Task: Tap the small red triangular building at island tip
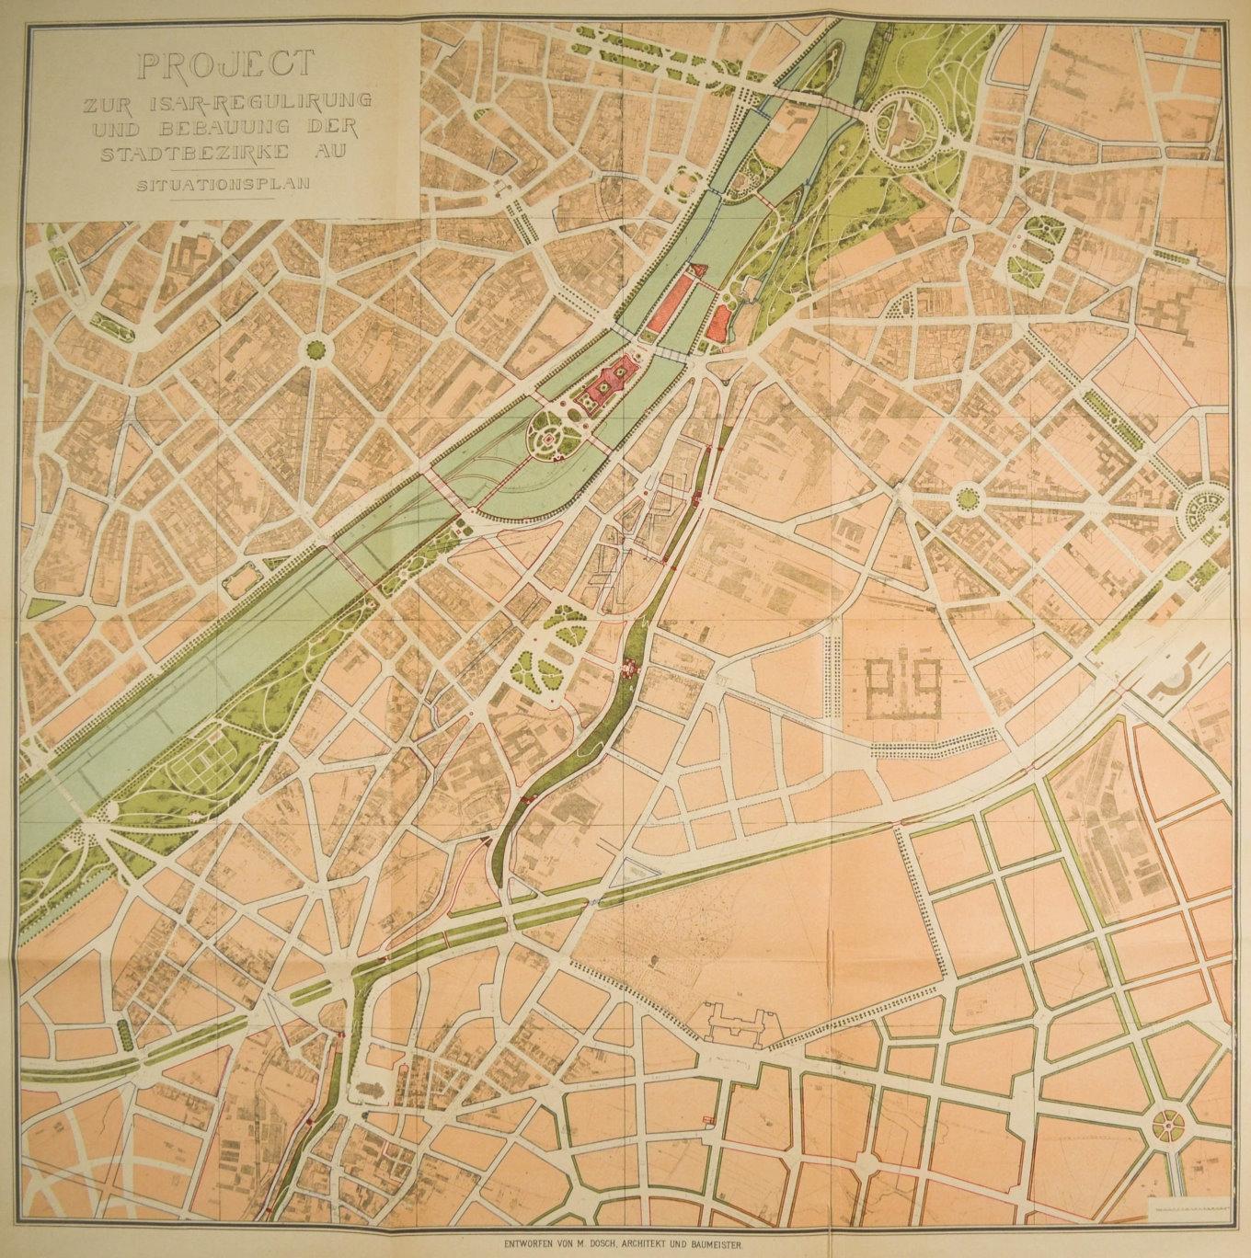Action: point(698,269)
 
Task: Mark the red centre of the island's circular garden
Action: point(550,440)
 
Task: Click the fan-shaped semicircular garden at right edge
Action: point(1201,510)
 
